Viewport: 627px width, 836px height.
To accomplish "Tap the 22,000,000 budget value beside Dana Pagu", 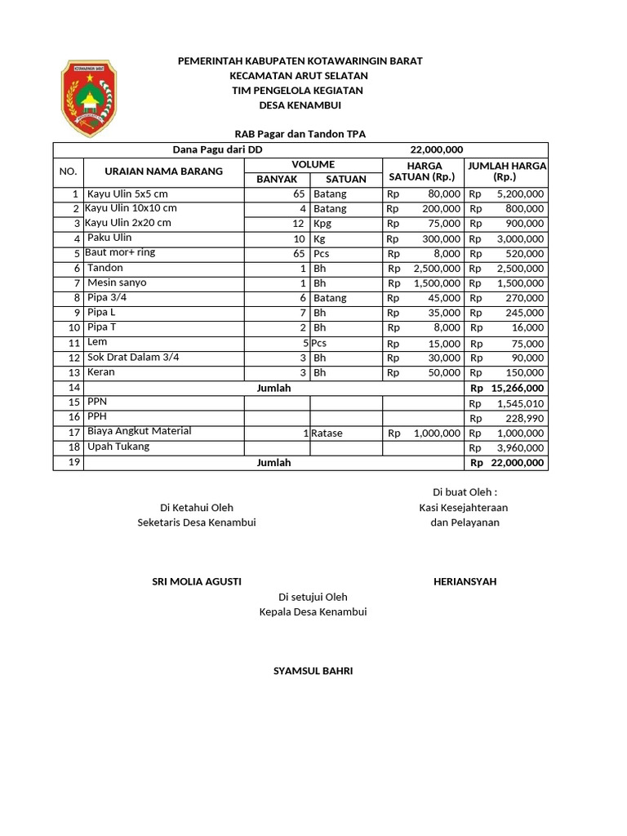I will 436,149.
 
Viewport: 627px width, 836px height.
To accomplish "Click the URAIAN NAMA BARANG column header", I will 163,171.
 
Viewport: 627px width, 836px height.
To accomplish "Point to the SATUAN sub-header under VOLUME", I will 346,179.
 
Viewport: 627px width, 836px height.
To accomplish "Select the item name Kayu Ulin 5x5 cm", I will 127,193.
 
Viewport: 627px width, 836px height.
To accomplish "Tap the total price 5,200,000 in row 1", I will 519,194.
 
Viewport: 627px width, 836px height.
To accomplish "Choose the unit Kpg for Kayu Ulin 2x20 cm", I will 322,224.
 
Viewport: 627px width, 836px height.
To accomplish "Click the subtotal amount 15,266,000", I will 517,389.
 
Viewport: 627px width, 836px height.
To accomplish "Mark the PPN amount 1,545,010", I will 519,404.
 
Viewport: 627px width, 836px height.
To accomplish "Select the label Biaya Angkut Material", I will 139,431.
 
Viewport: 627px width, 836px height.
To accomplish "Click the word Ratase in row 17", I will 327,434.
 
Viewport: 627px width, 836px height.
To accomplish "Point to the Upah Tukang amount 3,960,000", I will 519,448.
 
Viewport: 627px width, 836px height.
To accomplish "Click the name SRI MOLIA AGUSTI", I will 197,581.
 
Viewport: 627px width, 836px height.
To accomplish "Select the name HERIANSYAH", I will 465,581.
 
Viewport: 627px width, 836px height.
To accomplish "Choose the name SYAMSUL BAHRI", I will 313,671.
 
